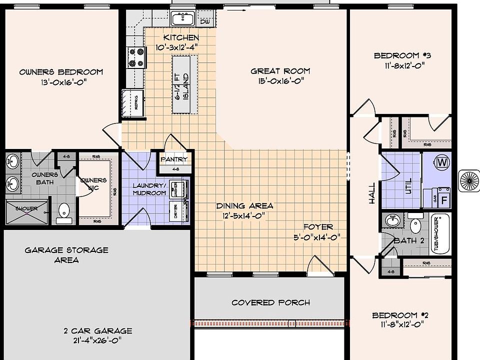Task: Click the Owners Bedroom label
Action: (x=61, y=72)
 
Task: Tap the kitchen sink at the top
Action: (x=184, y=19)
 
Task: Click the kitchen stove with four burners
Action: (x=136, y=56)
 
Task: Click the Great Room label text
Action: (x=280, y=71)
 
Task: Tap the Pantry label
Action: (x=173, y=160)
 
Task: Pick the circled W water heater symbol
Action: (x=442, y=162)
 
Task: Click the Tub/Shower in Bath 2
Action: (x=440, y=234)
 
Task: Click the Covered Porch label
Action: (x=270, y=302)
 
